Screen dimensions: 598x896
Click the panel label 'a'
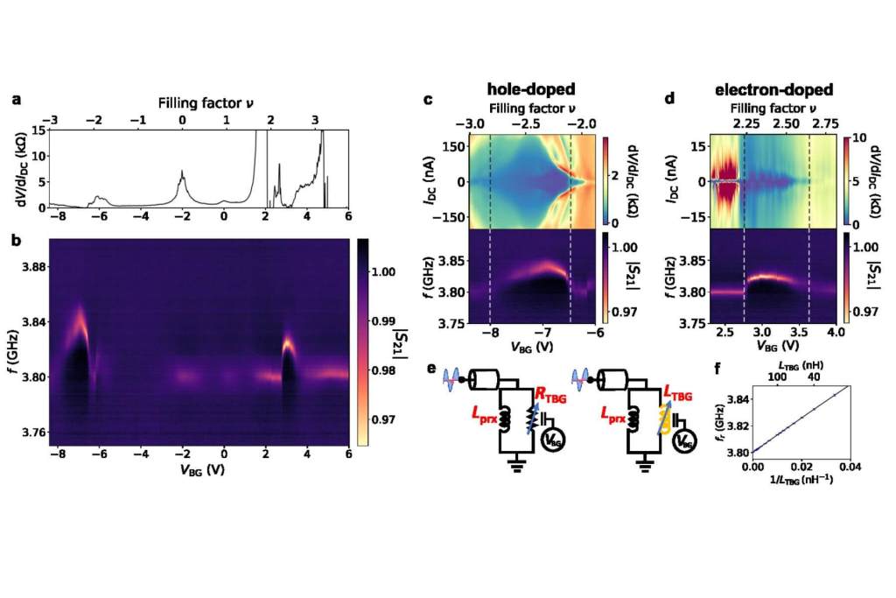17,99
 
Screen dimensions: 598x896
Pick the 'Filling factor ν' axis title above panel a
198,102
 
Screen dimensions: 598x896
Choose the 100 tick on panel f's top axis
775,376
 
